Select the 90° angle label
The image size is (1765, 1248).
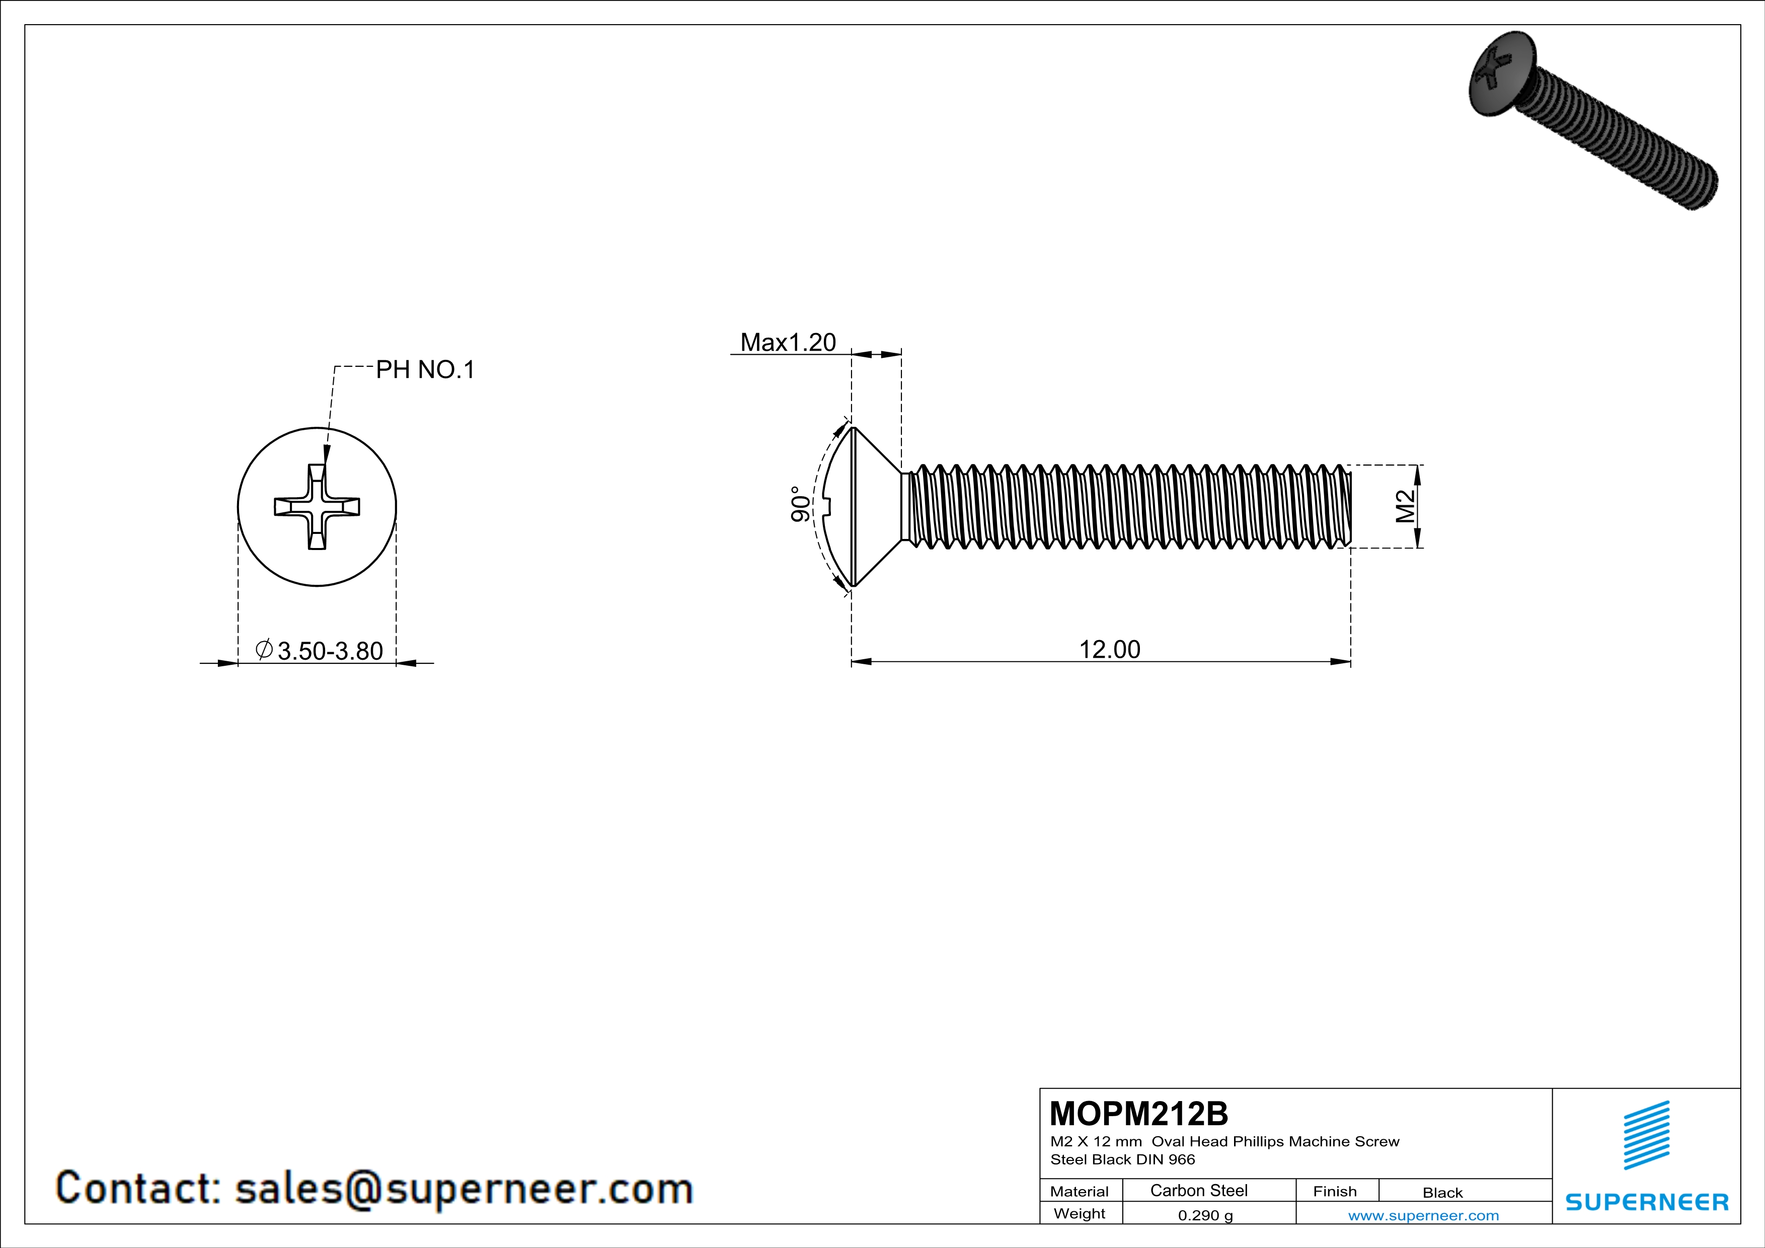pos(800,504)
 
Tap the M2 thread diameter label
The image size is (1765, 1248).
pos(1405,506)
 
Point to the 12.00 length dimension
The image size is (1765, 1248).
pos(1109,649)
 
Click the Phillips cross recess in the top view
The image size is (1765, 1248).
pos(317,506)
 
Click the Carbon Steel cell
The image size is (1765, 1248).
pos(1198,1190)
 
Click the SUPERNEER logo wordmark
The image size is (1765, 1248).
pos(1647,1202)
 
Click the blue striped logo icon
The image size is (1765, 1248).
pos(1646,1135)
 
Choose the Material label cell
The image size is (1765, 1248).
pos(1080,1191)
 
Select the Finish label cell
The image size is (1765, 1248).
pos(1335,1191)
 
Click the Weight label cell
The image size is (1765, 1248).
pos(1080,1213)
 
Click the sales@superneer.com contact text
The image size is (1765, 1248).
pos(464,1188)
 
